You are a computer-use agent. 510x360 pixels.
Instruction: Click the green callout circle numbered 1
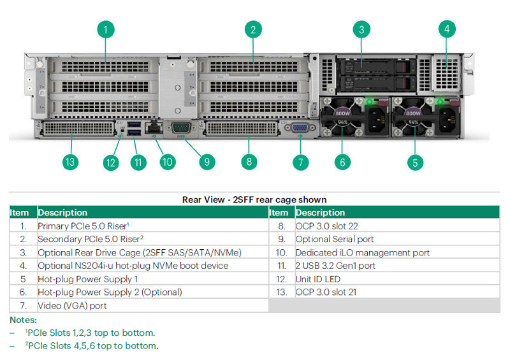[105, 29]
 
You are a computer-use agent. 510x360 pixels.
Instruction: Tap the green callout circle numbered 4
[447, 29]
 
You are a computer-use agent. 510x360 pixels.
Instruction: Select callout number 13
[70, 162]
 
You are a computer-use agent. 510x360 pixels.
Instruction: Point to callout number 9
[206, 162]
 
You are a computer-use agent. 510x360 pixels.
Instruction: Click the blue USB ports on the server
[133, 127]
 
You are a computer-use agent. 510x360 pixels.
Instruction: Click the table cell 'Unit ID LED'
[318, 279]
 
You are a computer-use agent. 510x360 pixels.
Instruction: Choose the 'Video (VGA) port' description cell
[72, 306]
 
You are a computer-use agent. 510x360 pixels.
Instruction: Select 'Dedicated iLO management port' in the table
[362, 252]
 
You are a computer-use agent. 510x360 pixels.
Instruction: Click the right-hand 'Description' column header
[320, 212]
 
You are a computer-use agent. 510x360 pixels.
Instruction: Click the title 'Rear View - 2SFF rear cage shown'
[254, 199]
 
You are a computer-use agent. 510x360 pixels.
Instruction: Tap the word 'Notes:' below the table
[24, 320]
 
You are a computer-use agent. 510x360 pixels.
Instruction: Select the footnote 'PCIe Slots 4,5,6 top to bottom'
[92, 345]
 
